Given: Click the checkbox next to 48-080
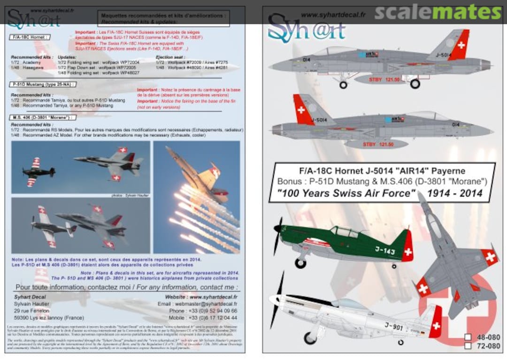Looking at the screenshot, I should pos(468,337).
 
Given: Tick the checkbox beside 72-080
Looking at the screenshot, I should pos(468,346).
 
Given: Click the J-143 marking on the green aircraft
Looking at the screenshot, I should pos(384,251).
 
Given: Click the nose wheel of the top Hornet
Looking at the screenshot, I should pos(343,85).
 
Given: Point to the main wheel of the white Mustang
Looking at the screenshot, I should pos(310,337).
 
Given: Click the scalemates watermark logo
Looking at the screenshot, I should pos(438,13).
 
